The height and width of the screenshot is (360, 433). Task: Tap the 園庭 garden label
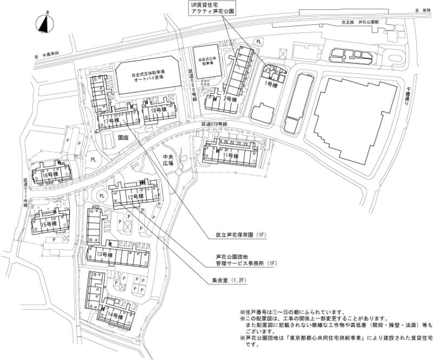pos(123,138)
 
